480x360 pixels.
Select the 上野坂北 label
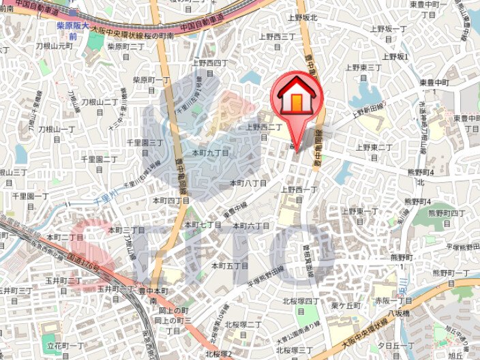[x=303, y=18]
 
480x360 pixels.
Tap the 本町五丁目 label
[x=230, y=265]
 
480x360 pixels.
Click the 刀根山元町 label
[x=56, y=46]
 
